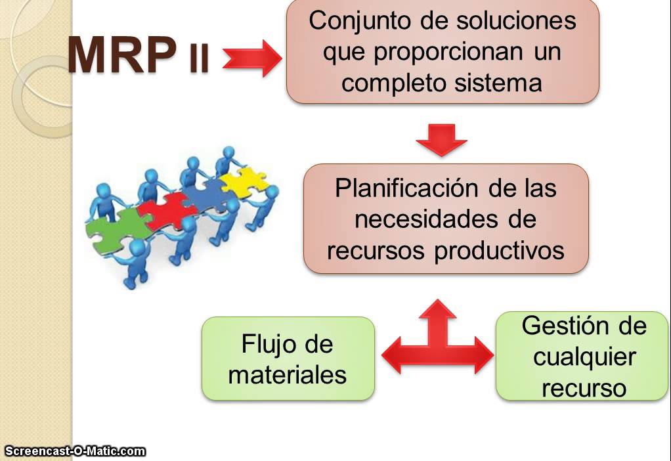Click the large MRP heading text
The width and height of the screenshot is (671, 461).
(122, 55)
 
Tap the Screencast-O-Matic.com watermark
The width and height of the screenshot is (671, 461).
(75, 451)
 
